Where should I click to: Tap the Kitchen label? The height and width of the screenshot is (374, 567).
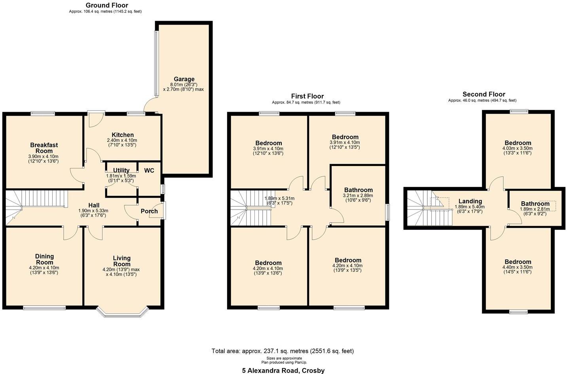122,135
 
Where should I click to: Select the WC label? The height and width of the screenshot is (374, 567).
149,171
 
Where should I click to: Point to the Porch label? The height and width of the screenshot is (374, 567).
149,211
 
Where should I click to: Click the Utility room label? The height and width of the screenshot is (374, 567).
121,170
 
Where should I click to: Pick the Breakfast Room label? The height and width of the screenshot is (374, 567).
44,148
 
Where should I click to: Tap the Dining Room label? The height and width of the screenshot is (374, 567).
44,259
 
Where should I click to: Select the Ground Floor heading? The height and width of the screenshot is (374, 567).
107,5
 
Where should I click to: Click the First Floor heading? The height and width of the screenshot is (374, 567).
307,96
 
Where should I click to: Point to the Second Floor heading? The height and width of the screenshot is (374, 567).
484,94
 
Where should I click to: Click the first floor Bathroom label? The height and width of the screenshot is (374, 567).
358,190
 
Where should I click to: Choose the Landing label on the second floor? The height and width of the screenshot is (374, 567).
470,201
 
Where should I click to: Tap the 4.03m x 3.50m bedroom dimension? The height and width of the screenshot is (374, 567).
518,148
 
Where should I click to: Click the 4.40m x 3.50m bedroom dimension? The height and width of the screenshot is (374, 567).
518,267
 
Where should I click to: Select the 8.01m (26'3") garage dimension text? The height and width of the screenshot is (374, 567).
183,84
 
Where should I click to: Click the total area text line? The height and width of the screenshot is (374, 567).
283,351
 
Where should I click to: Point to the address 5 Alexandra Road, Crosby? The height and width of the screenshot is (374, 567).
283,370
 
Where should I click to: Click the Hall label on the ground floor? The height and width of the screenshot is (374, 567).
94,205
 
